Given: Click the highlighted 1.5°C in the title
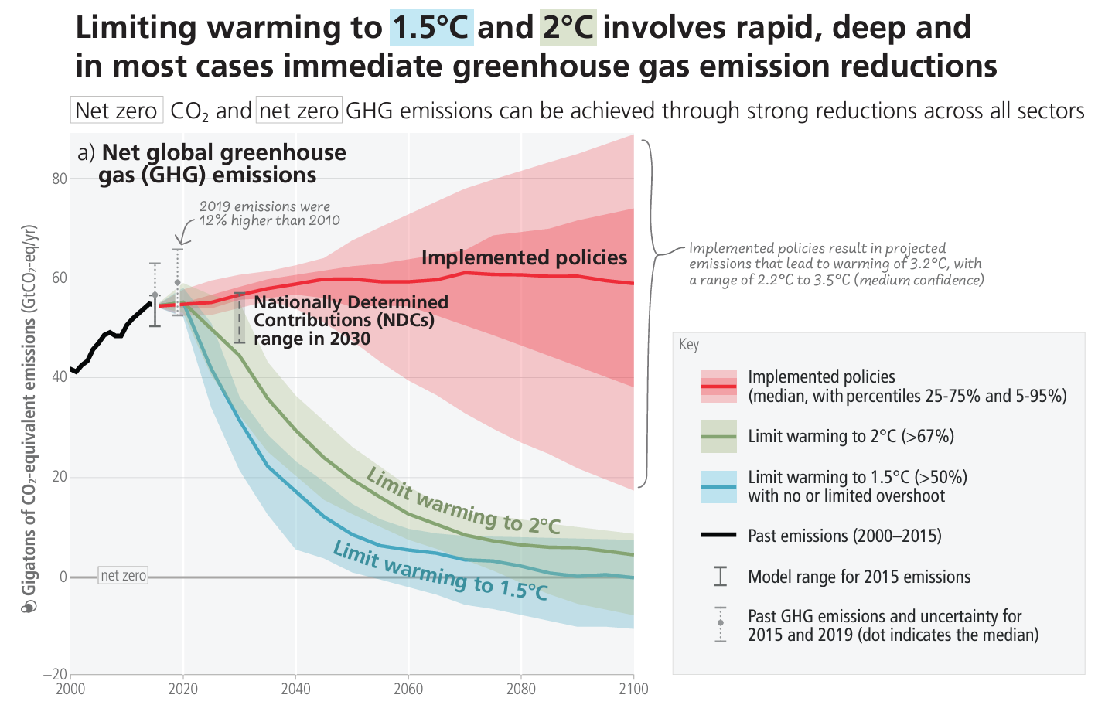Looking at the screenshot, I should [x=431, y=28].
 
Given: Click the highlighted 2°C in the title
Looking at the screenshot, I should [x=568, y=28].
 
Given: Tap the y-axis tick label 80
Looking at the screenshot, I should [x=60, y=179].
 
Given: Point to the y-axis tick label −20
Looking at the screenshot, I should [x=56, y=675].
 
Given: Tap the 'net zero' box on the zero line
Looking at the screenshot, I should [x=123, y=576].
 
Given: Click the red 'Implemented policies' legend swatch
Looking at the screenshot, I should [x=718, y=386].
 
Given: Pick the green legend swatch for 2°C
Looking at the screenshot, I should [x=718, y=436].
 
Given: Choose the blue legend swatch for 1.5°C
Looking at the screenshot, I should [x=718, y=487].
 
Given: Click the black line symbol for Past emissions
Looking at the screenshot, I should [x=718, y=535].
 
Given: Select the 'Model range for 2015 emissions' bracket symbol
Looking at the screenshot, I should [x=720, y=576].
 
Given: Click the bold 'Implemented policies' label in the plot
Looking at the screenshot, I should [x=524, y=257].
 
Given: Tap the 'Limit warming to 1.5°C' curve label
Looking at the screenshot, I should [x=440, y=571].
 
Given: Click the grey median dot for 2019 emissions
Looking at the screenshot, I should [x=177, y=282].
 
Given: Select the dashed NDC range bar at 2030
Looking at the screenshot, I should [x=239, y=318].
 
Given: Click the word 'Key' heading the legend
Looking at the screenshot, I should [x=689, y=345].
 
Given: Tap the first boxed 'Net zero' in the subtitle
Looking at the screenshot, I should [x=116, y=111].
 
